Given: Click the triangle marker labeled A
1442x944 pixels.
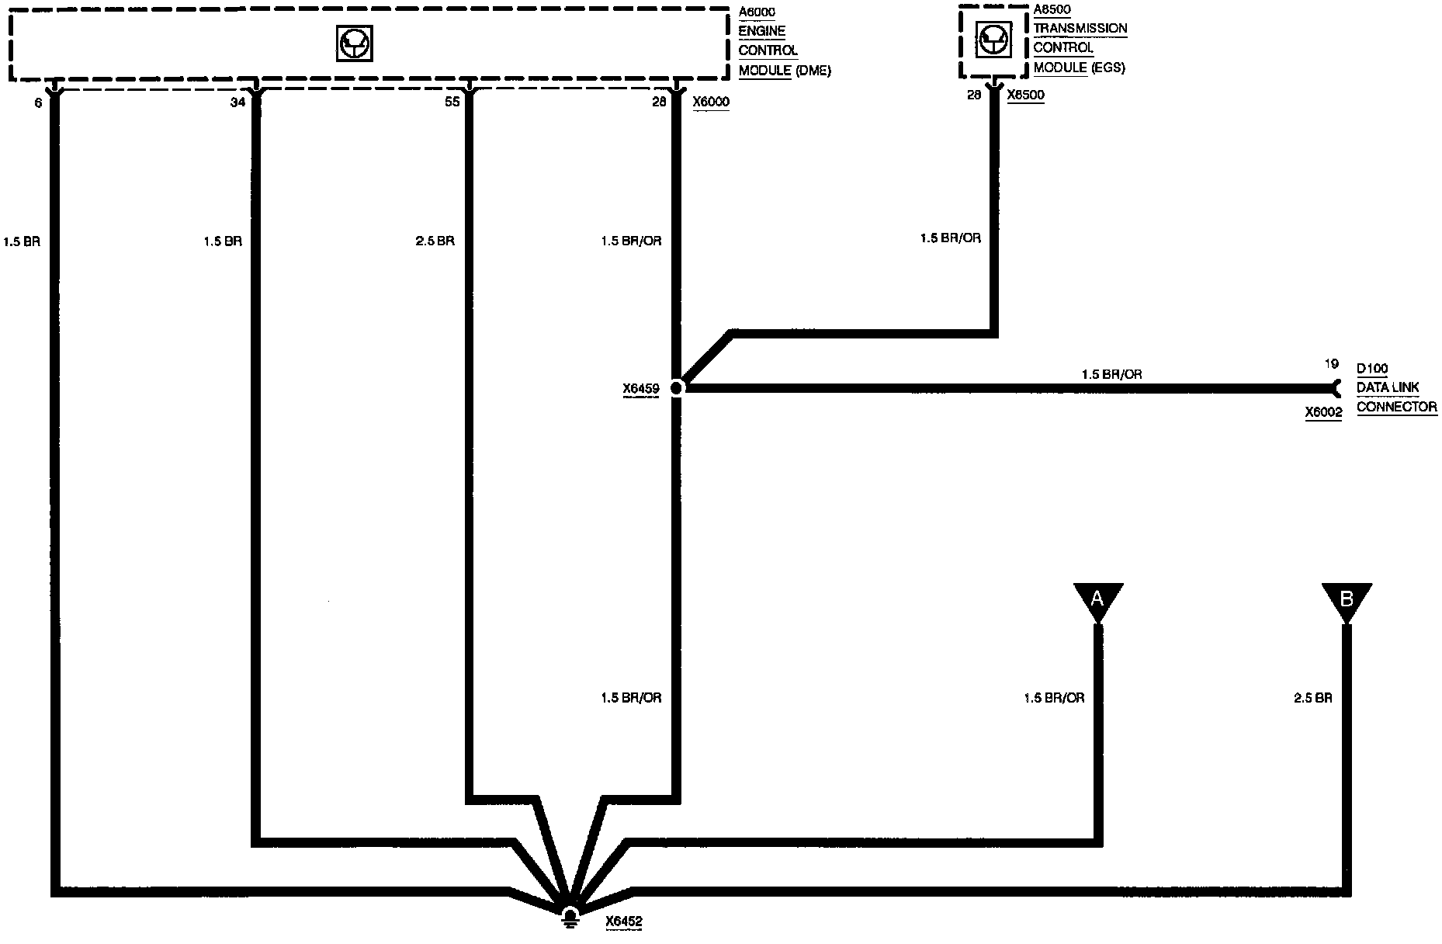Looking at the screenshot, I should pos(1097,599).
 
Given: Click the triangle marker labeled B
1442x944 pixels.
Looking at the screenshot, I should pos(1347,599).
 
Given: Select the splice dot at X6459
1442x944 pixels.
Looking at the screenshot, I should pos(676,387).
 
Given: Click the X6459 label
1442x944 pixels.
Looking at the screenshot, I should pos(640,390).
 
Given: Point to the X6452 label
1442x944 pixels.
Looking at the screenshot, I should pos(624,922).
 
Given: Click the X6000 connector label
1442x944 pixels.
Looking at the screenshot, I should pos(711,102).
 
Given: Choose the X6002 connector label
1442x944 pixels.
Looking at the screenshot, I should pos(1323,413).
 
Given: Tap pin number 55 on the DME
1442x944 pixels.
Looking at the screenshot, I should pos(451,102).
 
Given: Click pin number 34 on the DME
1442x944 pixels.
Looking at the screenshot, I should pos(238,102).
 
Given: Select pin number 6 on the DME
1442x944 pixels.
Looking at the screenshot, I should pos(38,102).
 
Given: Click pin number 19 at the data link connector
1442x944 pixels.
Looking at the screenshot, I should pos(1331,363).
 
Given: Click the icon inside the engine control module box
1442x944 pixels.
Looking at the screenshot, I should pos(355,43).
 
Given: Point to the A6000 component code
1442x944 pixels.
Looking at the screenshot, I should pos(757,12).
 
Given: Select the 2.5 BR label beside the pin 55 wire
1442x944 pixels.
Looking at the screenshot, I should pos(435,241).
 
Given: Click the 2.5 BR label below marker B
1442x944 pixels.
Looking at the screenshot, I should pos(1312,698).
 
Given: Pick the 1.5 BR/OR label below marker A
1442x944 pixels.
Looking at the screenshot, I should pos(1054,698).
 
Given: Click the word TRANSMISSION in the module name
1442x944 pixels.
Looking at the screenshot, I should pos(1080,29).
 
